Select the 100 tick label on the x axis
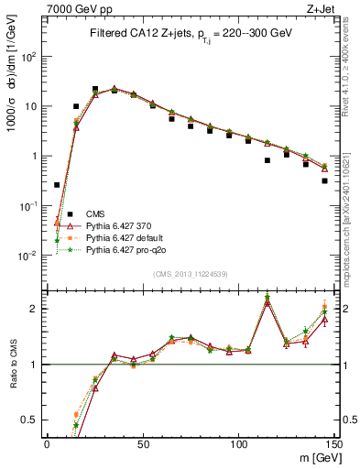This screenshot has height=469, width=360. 238,443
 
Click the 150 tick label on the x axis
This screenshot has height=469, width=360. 333,443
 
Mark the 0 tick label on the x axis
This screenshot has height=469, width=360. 48,443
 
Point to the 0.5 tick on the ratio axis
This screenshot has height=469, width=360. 34,420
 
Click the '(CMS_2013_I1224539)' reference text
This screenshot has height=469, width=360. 191,273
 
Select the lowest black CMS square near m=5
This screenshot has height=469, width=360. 57,184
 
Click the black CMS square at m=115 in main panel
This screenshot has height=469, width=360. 267,160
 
